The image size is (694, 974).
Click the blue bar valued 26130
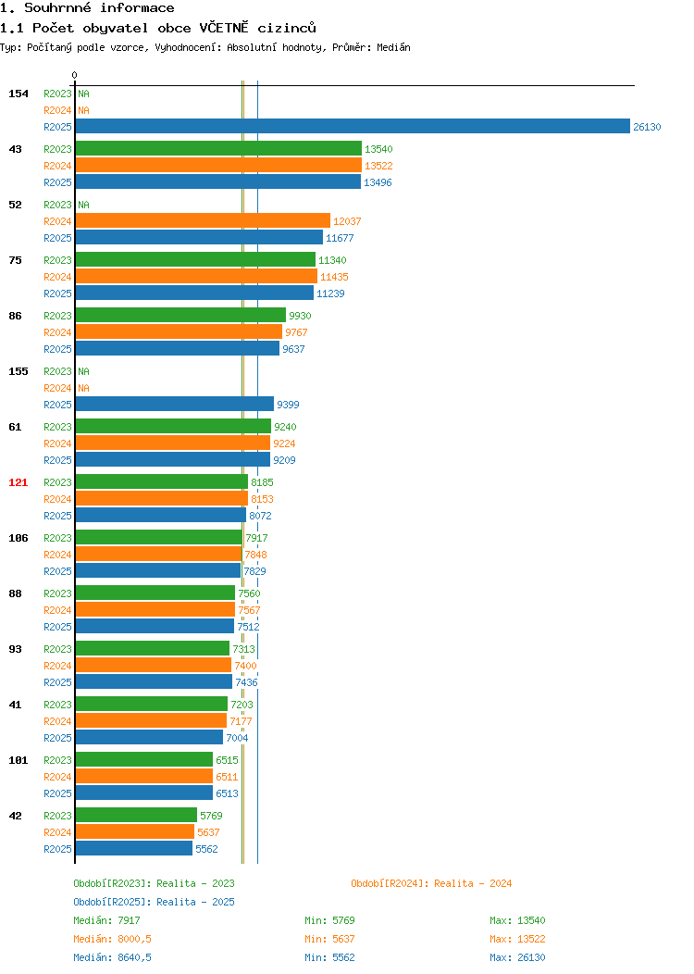tap(353, 126)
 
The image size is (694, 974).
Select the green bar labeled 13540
tap(218, 148)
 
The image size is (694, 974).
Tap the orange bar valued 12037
tap(203, 220)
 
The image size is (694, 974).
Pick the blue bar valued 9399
tap(175, 404)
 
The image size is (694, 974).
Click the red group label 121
tap(18, 482)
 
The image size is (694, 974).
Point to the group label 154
tap(18, 94)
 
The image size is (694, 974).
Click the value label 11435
tap(334, 277)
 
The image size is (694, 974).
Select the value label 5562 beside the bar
tap(206, 849)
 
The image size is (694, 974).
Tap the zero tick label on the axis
tap(75, 75)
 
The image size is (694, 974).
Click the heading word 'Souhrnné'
tap(57, 8)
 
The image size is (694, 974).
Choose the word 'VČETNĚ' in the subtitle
tap(224, 28)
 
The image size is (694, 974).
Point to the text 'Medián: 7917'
tap(106, 920)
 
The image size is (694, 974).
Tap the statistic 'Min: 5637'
tap(329, 939)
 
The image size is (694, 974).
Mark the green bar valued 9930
tap(180, 315)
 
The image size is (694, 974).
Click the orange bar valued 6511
tap(144, 776)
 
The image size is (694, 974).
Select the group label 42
tap(16, 817)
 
